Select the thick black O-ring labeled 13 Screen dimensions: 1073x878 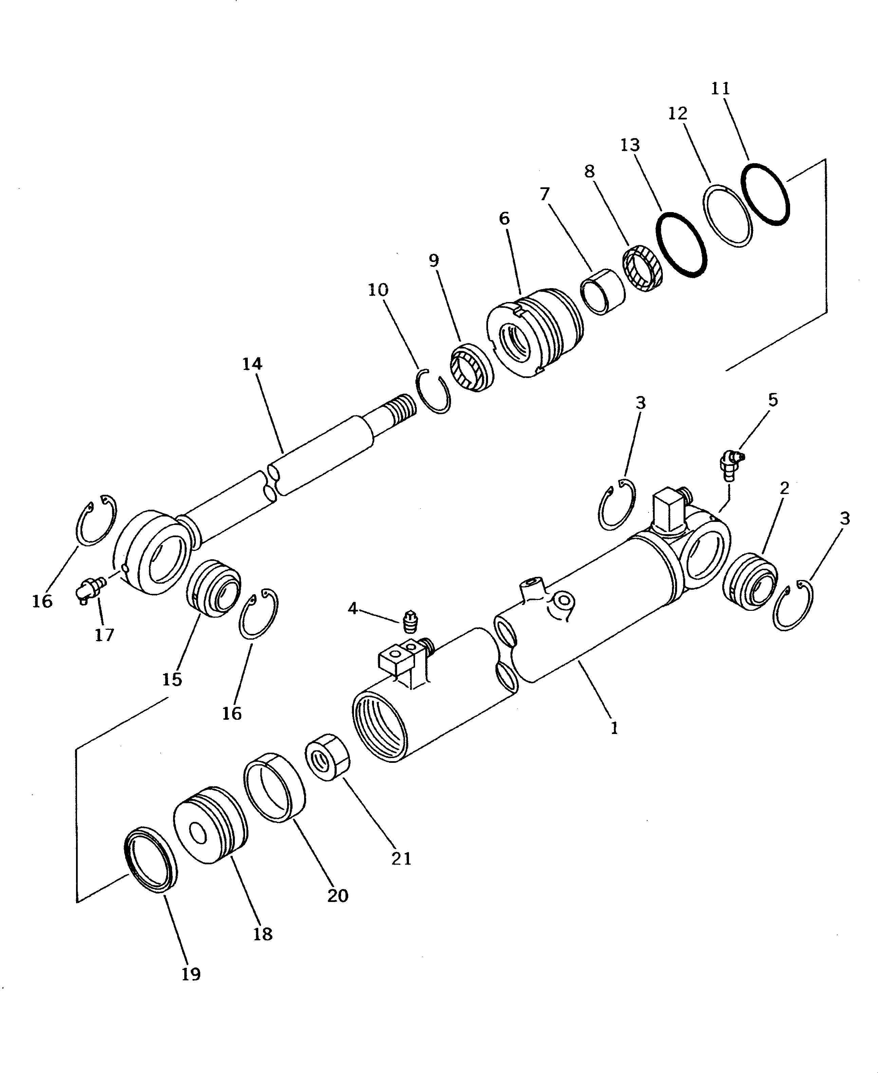click(x=681, y=244)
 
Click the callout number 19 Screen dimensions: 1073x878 click(x=191, y=974)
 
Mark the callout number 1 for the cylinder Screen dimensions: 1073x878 click(x=614, y=729)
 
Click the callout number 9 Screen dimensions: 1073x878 click(x=433, y=261)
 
